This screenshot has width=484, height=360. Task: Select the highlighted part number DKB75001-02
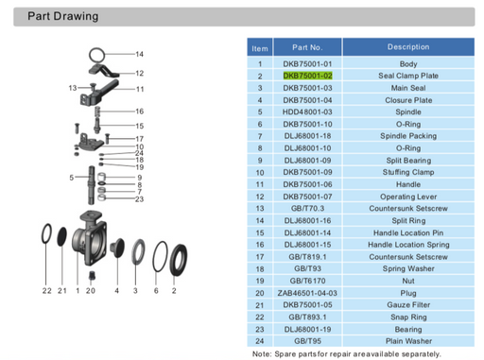pyautogui.click(x=308, y=75)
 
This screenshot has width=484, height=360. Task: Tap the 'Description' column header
pyautogui.click(x=407, y=47)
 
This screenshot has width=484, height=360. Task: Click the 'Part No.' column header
pyautogui.click(x=308, y=47)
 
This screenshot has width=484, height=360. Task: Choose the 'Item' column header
pyautogui.click(x=259, y=47)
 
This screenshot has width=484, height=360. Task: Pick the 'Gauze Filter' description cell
pyautogui.click(x=407, y=305)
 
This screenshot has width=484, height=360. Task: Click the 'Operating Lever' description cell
pyautogui.click(x=407, y=197)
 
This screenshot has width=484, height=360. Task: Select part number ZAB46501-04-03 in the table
pyautogui.click(x=308, y=293)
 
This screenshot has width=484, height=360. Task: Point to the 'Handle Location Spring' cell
pyautogui.click(x=407, y=245)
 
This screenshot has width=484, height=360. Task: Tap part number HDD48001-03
pyautogui.click(x=308, y=111)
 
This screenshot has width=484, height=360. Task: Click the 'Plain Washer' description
pyautogui.click(x=407, y=341)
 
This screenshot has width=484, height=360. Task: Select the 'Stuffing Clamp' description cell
pyautogui.click(x=407, y=172)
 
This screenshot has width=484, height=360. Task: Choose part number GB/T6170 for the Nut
pyautogui.click(x=308, y=281)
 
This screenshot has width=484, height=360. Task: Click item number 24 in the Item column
pyautogui.click(x=259, y=341)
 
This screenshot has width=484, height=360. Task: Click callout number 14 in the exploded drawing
pyautogui.click(x=139, y=54)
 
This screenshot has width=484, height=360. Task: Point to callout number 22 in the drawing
pyautogui.click(x=46, y=290)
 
